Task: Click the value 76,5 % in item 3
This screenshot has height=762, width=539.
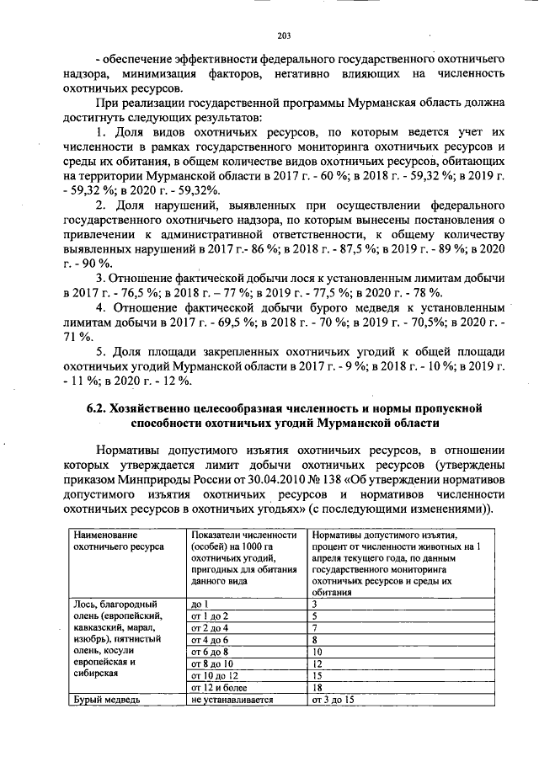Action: pos(131,292)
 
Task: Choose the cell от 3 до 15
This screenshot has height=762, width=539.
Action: pos(332,700)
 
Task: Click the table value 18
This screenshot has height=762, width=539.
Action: pos(317,687)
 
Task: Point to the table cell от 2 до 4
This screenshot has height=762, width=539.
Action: pos(211,628)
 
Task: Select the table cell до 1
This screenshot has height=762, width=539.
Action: pos(200,605)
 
